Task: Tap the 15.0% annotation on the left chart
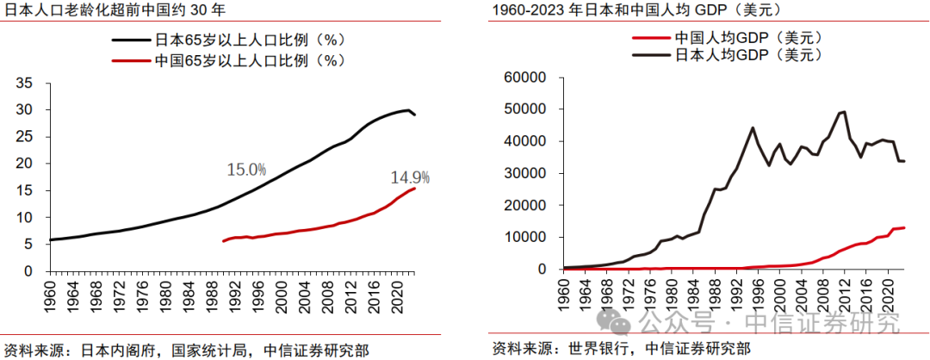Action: [x=246, y=170]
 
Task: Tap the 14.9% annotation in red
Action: [x=410, y=178]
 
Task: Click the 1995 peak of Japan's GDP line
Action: [x=753, y=127]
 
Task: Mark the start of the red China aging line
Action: [x=223, y=241]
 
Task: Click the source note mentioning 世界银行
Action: [x=620, y=349]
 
